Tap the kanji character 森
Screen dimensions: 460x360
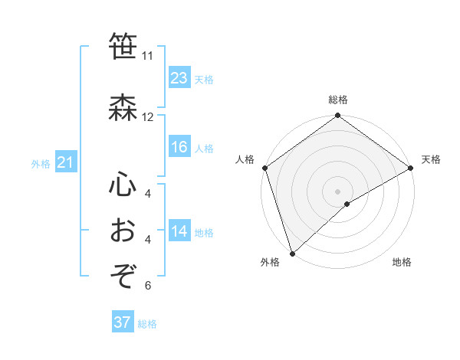(123, 107)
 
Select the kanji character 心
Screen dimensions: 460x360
(123, 185)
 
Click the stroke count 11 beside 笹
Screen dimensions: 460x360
(148, 56)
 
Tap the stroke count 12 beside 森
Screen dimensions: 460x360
(148, 117)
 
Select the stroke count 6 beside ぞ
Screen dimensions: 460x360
(148, 286)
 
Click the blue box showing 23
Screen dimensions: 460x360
(179, 78)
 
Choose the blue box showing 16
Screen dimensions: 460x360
(179, 147)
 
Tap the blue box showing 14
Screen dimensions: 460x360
(179, 231)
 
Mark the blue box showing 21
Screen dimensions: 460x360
(65, 162)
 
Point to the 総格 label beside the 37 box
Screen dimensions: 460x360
(148, 324)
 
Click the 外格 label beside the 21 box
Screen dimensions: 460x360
(41, 163)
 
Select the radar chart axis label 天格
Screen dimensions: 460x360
(431, 159)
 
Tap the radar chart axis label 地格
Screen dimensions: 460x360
(402, 263)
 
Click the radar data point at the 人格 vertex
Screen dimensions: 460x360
(264, 168)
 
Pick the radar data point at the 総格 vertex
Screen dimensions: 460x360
(337, 116)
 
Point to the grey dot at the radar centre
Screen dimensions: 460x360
(337, 191)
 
